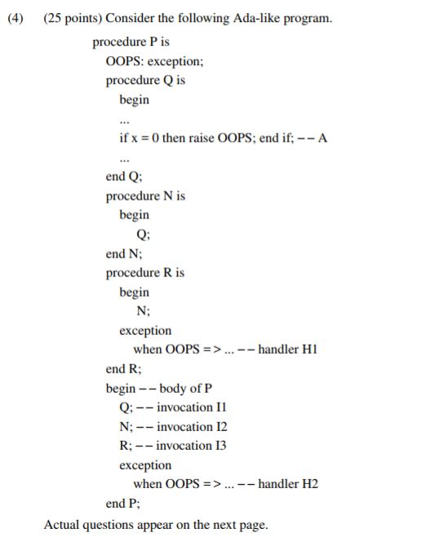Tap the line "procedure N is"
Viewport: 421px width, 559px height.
pyautogui.click(x=145, y=196)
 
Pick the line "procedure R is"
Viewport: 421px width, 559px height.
pyautogui.click(x=145, y=273)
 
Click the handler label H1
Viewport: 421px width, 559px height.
pyautogui.click(x=308, y=350)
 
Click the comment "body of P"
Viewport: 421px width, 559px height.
pyautogui.click(x=190, y=388)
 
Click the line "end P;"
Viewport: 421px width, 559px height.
pyautogui.click(x=121, y=504)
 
